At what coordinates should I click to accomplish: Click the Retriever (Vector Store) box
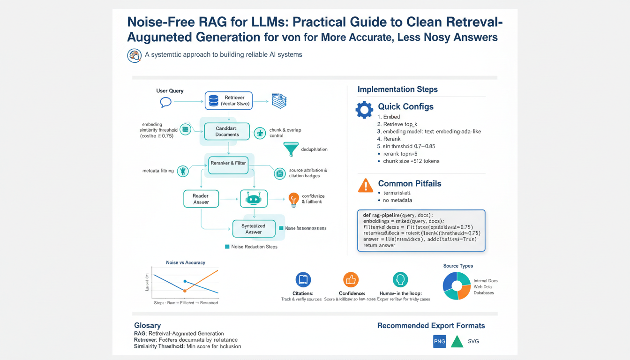point(229,101)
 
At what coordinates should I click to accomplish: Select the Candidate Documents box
point(227,131)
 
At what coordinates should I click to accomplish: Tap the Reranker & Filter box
point(228,163)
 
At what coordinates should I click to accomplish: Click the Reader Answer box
point(201,199)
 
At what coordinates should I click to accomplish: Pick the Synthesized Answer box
point(253,229)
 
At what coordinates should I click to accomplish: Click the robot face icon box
point(254,199)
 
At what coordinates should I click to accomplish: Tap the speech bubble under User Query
point(165,102)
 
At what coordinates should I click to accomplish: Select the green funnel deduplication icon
point(291,149)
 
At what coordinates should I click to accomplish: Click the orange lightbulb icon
point(294,199)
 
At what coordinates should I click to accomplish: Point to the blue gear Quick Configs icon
point(364,109)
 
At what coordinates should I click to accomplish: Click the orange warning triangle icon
point(366,186)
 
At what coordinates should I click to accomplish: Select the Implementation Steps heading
point(397,89)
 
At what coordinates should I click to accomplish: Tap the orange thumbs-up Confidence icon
point(351,280)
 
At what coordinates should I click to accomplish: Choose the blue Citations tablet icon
point(303,280)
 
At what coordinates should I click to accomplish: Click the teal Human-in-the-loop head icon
point(400,280)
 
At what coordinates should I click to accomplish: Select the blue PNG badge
point(440,341)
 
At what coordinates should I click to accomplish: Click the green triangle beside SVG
point(457,342)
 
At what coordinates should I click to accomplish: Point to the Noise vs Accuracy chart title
point(186,262)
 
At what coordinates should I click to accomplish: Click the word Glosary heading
point(148,325)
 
